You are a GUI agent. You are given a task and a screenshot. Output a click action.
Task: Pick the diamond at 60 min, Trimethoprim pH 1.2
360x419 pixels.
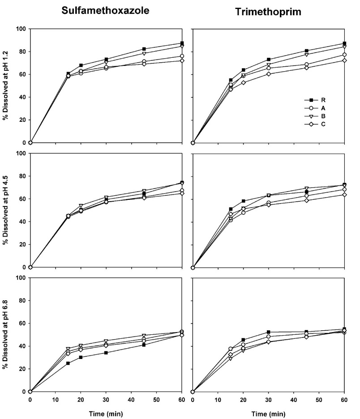(344, 60)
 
